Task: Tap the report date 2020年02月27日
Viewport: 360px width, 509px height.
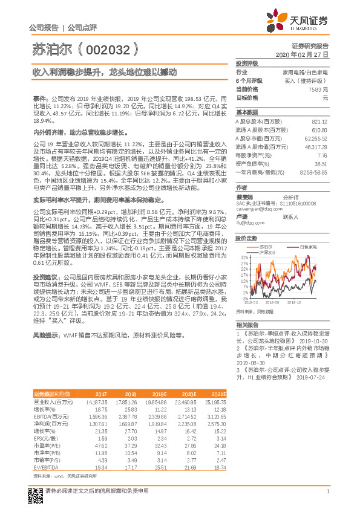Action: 305,54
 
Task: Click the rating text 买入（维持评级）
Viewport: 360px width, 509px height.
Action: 310,80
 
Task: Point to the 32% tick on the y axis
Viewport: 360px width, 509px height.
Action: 245,256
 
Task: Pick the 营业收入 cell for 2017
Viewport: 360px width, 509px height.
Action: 97,401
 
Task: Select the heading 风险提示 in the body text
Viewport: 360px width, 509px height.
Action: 45,334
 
